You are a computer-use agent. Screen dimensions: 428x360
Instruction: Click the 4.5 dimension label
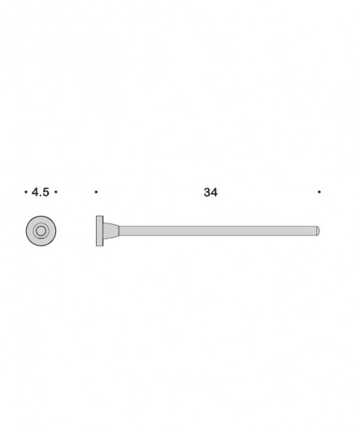coord(41,193)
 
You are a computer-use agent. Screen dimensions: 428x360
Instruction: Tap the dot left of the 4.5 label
coord(26,193)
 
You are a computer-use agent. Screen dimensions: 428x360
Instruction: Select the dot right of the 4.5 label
coord(56,193)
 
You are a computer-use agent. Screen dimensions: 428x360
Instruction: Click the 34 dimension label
coord(211,193)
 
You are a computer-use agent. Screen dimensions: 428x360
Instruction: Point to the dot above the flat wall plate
coord(97,193)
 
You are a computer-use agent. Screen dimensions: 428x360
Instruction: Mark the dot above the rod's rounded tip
coord(319,193)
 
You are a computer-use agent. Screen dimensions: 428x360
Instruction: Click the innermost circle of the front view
coord(41,231)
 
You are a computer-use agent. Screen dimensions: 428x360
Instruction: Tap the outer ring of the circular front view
coord(30,231)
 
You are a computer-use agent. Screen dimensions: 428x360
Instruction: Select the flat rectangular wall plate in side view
coord(100,231)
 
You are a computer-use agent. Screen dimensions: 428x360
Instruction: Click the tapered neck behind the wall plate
coord(111,231)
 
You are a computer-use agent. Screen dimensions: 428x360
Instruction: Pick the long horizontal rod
coord(218,231)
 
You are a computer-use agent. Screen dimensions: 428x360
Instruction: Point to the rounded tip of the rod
coord(318,231)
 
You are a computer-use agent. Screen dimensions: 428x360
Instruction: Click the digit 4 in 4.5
coord(36,193)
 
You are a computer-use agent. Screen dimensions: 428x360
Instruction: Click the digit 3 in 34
coord(207,193)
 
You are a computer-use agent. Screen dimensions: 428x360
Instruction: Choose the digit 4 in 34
coord(215,193)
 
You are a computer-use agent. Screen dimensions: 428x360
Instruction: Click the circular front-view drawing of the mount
coord(41,231)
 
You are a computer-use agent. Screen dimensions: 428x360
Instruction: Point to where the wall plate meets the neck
coord(103,231)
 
